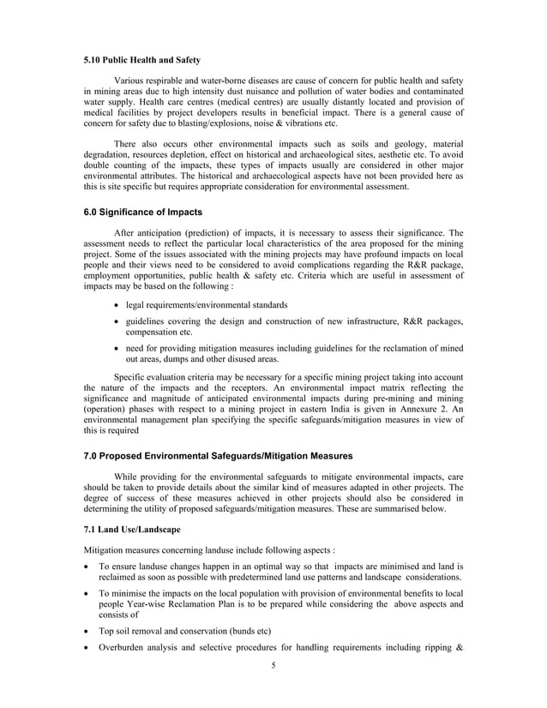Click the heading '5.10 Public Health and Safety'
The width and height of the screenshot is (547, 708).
(x=142, y=60)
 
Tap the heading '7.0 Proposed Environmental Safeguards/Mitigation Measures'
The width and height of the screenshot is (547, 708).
(x=218, y=455)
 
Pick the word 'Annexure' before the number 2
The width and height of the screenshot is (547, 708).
(x=414, y=410)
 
